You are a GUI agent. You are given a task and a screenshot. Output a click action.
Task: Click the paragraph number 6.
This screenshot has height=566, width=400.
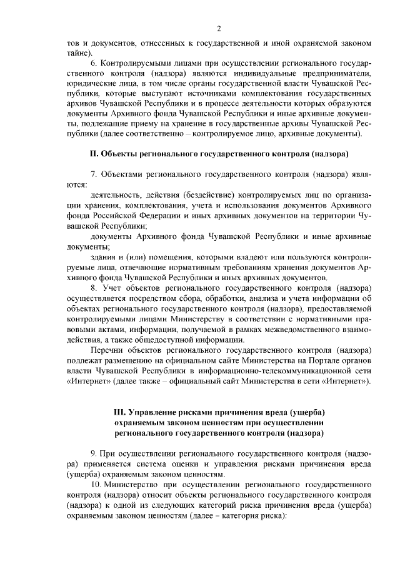[x=94, y=64]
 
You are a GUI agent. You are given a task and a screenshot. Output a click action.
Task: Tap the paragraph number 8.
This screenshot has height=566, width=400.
[x=94, y=289]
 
